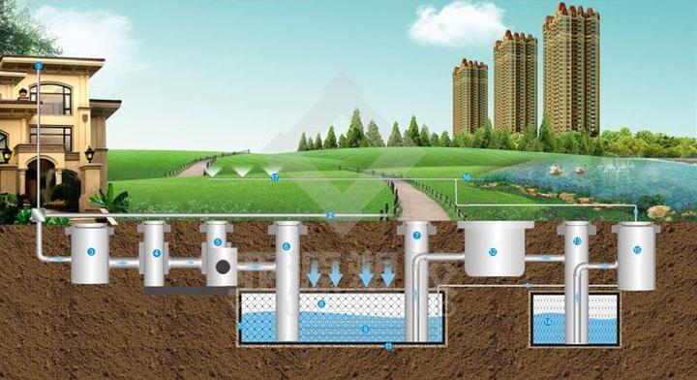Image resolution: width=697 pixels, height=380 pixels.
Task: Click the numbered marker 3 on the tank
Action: pos(90,252)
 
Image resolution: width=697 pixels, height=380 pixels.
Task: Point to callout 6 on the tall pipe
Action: pos(287,247)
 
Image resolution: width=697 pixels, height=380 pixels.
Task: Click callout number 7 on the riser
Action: pos(417,236)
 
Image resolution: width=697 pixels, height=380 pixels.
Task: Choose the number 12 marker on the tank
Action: pos(493,253)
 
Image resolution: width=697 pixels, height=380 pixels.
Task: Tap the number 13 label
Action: pos(578,240)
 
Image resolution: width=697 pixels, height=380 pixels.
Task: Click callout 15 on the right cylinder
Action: pos(636,250)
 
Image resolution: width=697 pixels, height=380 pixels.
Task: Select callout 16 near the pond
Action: pos(467,177)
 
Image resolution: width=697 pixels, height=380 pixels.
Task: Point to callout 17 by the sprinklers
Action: pos(275,178)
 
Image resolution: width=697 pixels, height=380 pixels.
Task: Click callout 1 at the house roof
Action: pos(38,66)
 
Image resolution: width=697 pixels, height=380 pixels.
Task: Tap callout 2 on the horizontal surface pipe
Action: pos(330,214)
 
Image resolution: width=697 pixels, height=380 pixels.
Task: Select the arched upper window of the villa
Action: pos(50,98)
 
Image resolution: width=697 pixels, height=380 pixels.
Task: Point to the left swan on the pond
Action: pos(555,170)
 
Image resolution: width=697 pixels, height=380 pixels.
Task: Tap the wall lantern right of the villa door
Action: pos(89,152)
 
